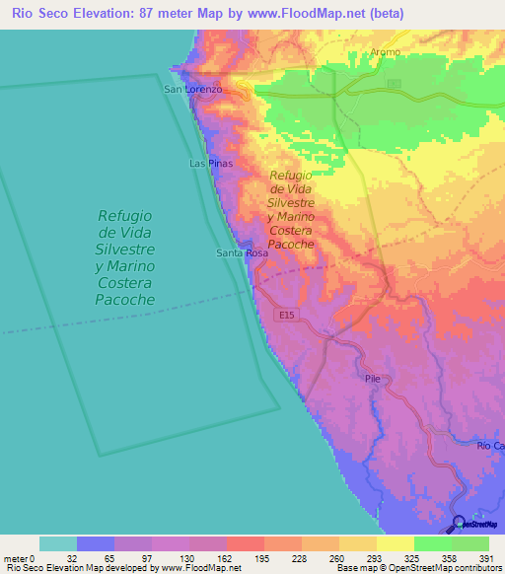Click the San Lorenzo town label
pos(192,89)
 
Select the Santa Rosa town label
pos(242,253)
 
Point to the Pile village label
pos(372,379)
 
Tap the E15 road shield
pos(286,314)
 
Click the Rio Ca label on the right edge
pos(490,447)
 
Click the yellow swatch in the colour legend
pos(395,543)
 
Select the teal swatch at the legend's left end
pos(58,543)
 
